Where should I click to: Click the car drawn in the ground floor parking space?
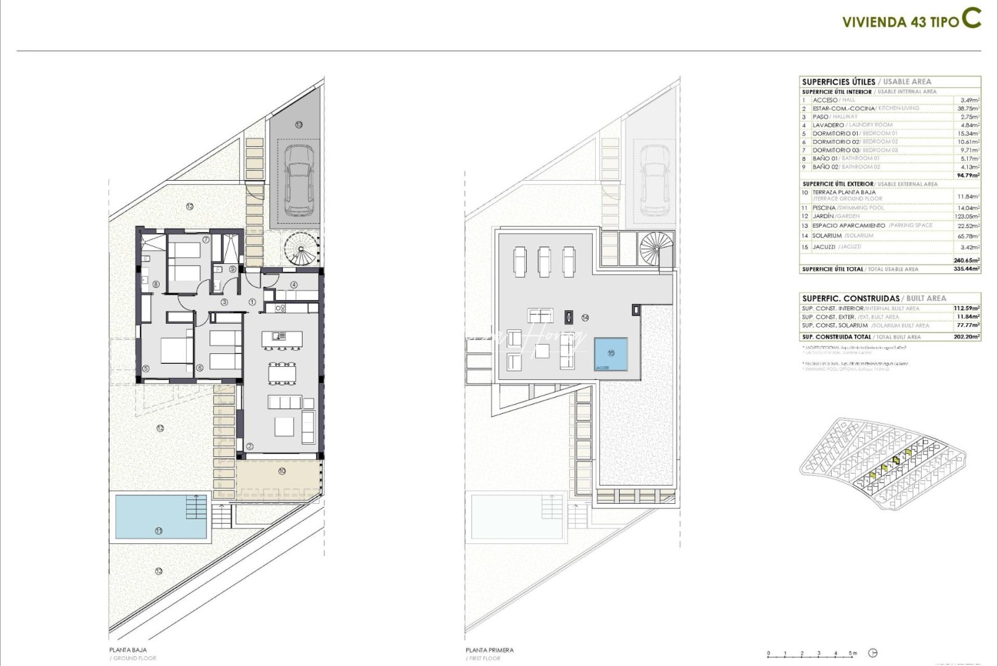(299, 182)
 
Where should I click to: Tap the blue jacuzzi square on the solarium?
(611, 354)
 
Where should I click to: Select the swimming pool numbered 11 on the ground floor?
(161, 516)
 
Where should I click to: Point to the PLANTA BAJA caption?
(128, 650)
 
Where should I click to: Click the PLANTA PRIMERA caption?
(490, 650)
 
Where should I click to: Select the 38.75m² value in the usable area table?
(969, 108)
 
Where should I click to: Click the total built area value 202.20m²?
(967, 337)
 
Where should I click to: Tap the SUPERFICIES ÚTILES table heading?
(838, 81)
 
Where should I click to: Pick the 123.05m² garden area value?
(968, 216)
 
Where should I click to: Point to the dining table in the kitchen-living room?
(282, 374)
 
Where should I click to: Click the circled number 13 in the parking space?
(299, 125)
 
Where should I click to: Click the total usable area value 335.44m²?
(967, 269)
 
